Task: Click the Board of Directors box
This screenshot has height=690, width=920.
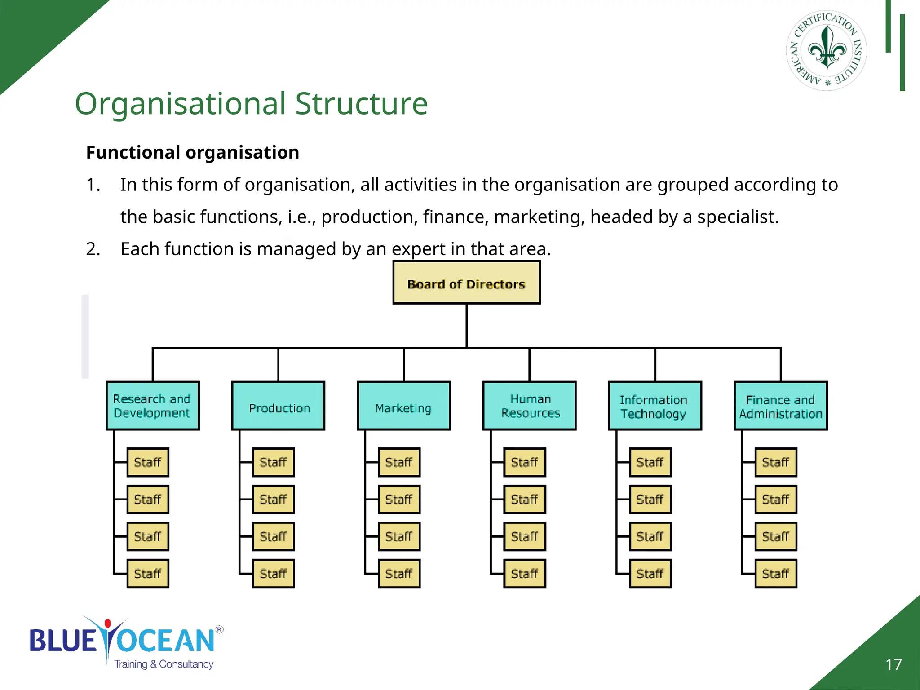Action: point(466,283)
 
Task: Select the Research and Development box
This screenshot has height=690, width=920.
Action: point(152,406)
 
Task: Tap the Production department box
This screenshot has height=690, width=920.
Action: point(278,406)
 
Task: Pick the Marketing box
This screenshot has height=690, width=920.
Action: point(403,406)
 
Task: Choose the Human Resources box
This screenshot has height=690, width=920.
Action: point(529,406)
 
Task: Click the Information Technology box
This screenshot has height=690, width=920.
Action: point(655,406)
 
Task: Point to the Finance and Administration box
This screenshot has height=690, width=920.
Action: point(780,406)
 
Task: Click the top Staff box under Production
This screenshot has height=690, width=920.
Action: point(273,462)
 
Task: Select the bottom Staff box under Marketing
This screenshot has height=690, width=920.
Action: point(399,574)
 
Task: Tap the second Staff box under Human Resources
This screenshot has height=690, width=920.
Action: point(524,500)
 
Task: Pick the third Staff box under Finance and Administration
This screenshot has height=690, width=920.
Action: point(775,536)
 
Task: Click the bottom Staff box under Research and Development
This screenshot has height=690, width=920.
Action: point(148,574)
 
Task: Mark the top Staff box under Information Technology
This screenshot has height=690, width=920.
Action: point(650,462)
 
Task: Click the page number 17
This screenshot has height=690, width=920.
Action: point(893,664)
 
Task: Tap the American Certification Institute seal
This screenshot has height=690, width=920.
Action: point(827,50)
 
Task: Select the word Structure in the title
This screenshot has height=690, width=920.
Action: point(361,104)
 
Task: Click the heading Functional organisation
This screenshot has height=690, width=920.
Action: point(192,153)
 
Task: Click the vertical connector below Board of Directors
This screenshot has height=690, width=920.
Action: point(467,325)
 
